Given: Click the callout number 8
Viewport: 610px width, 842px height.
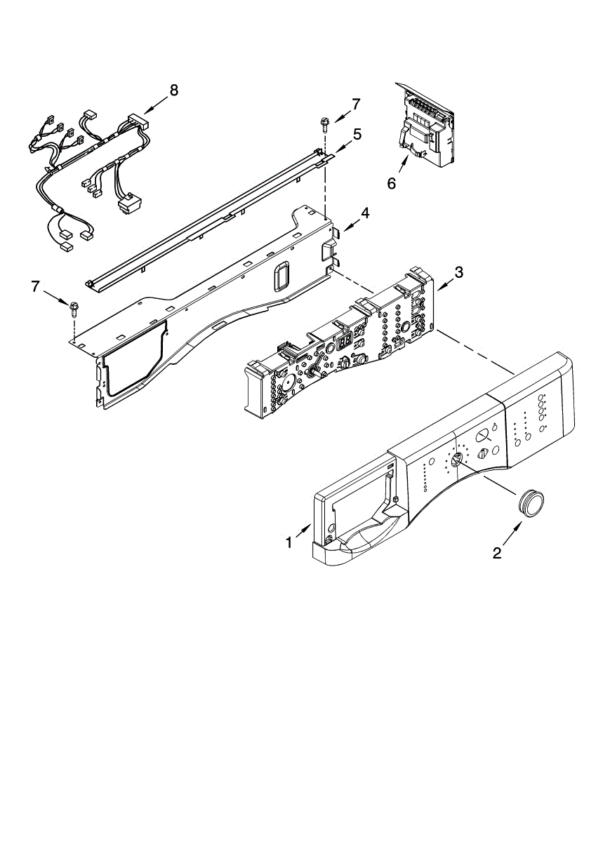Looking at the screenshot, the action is coord(173,91).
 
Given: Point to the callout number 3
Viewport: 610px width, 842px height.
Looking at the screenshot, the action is coord(458,272).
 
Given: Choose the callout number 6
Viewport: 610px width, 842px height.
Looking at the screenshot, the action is coord(392,183).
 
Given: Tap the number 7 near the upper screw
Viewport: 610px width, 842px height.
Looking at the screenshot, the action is coord(355,104).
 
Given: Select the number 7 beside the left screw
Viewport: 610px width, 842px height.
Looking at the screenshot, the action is coord(35,287).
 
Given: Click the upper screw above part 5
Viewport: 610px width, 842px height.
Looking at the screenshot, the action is coord(324,123).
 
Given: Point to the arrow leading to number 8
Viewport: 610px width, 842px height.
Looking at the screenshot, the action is coord(154,105).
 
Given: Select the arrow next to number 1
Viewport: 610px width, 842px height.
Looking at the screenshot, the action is coord(303,530).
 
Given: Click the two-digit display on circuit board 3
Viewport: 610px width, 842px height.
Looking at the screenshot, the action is coord(345,341).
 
